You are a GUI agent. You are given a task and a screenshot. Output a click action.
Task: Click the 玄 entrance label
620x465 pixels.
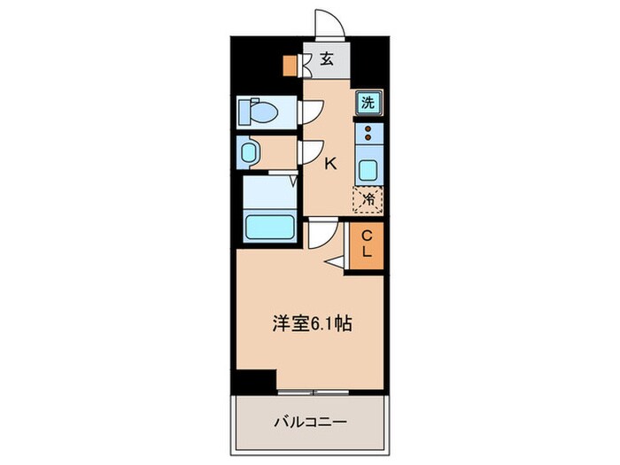click(327, 60)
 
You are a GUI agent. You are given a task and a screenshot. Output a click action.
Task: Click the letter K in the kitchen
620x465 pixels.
click(329, 163)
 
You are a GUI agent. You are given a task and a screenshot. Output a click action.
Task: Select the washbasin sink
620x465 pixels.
click(247, 153)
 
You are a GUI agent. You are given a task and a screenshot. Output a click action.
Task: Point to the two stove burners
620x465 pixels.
click(368, 136)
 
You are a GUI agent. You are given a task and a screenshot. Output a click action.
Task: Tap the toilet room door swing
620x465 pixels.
click(311, 112)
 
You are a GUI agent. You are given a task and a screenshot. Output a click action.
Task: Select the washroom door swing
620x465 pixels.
click(311, 152)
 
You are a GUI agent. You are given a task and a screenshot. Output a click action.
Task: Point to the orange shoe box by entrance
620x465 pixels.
click(289, 65)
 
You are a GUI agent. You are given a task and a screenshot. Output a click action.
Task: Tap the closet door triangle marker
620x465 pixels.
click(336, 262)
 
